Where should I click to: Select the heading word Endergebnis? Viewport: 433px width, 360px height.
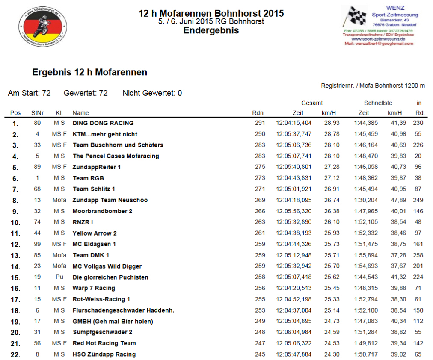tap(211, 30)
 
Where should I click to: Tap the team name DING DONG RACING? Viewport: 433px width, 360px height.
tap(103, 123)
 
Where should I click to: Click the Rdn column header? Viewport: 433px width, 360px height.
tap(258, 113)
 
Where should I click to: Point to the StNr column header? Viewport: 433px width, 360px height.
tap(37, 113)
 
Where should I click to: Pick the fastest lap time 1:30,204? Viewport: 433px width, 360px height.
tap(366, 200)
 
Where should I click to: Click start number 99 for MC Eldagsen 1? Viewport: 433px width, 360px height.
tap(37, 244)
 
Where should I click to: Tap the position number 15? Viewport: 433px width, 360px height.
tap(15, 277)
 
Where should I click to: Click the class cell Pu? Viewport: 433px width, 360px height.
tap(59, 277)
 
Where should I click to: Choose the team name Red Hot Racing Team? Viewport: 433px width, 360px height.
tap(104, 343)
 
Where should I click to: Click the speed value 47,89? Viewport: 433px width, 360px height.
tap(394, 200)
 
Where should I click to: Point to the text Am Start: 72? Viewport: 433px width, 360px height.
tap(29, 93)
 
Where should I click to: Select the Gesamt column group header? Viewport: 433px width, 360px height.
tap(312, 103)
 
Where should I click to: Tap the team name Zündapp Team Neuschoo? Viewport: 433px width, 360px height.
tap(110, 200)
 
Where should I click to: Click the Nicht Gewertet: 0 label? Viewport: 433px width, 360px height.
tap(152, 93)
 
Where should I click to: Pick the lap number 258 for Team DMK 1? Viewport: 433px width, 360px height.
tap(418, 255)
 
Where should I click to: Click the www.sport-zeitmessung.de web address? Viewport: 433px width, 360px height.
tap(378, 39)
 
